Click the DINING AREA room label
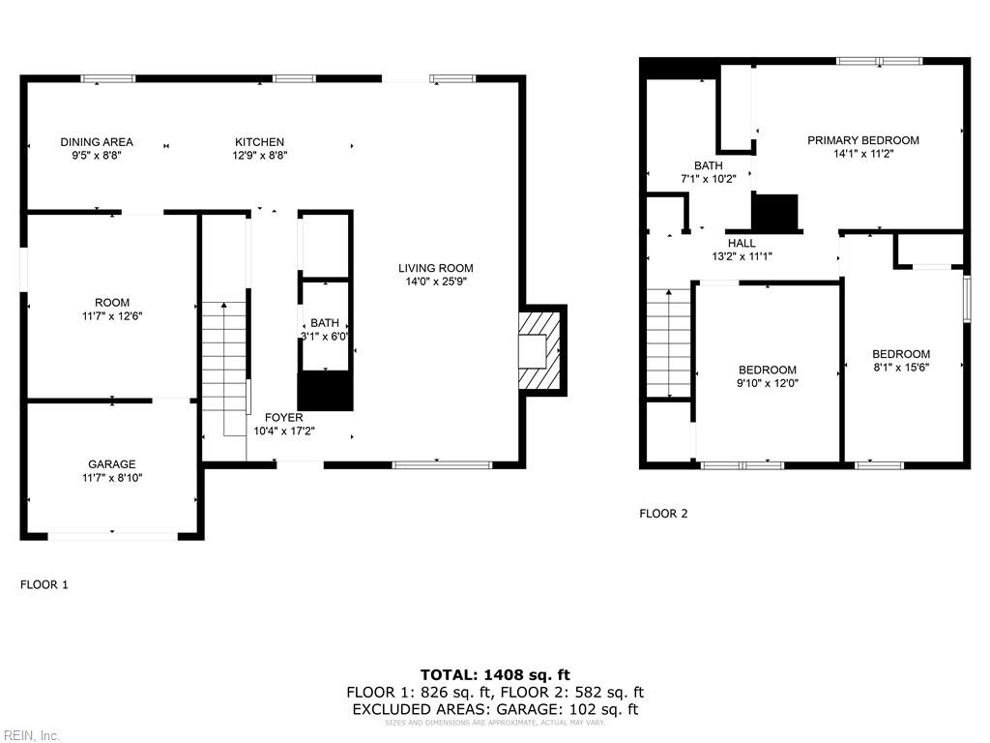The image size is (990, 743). [x=97, y=142]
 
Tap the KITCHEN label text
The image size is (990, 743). [x=259, y=142]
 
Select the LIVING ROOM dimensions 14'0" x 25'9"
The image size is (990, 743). [x=436, y=282]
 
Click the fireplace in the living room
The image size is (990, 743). [x=540, y=349]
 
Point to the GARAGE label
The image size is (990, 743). [x=112, y=464]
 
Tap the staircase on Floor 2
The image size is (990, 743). [x=669, y=343]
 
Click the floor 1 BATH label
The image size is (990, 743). [x=325, y=323]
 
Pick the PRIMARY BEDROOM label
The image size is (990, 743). [x=863, y=140]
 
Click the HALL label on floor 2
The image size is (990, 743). [x=742, y=243]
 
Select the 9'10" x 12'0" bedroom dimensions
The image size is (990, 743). [x=768, y=383]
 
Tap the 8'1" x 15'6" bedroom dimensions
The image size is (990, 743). [x=900, y=368]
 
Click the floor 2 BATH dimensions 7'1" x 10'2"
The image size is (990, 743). [x=708, y=179]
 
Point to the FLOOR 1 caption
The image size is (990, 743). [x=44, y=584]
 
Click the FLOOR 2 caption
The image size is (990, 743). [x=663, y=514]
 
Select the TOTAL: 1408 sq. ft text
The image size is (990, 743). [x=495, y=674]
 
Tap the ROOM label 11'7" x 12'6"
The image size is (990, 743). [x=112, y=309]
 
